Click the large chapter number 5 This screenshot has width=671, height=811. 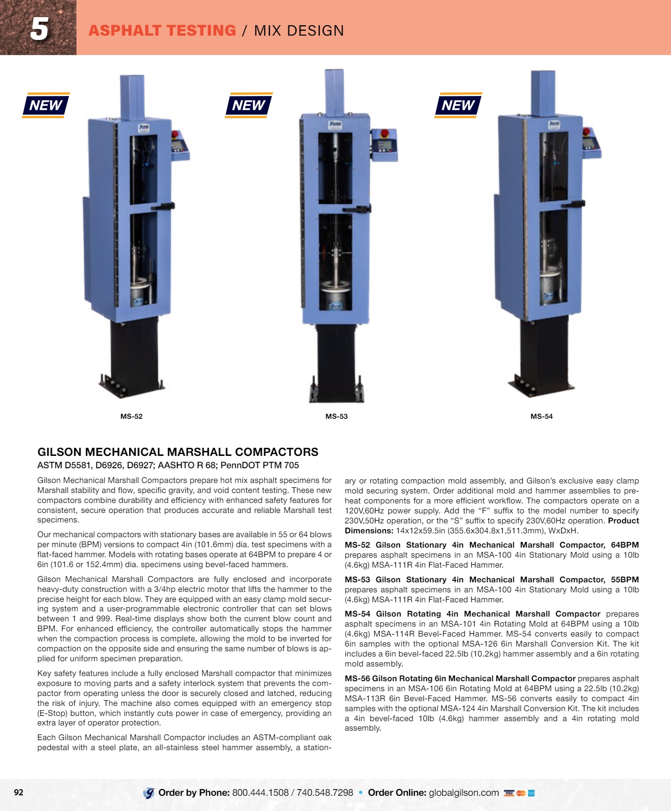pyautogui.click(x=39, y=29)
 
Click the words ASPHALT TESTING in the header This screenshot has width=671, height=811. pyautogui.click(x=162, y=30)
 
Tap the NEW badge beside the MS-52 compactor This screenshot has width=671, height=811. pyautogui.click(x=46, y=105)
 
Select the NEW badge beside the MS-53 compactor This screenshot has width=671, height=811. pyautogui.click(x=249, y=105)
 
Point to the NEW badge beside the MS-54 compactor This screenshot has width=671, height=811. pyautogui.click(x=458, y=105)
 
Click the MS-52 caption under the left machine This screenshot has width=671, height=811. pyautogui.click(x=131, y=416)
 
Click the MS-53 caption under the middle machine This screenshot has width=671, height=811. pyautogui.click(x=336, y=416)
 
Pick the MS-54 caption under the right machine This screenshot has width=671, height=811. pyautogui.click(x=542, y=416)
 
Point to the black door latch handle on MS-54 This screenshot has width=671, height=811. pyautogui.click(x=573, y=204)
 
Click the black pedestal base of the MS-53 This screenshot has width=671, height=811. pyautogui.click(x=336, y=364)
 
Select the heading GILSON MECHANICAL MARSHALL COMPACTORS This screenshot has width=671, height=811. pyautogui.click(x=178, y=452)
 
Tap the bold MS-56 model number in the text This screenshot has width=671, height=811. pyautogui.click(x=357, y=679)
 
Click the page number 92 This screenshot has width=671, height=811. pyautogui.click(x=19, y=792)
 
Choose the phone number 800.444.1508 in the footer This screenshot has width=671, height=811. pyautogui.click(x=260, y=793)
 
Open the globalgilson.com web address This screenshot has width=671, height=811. pyautogui.click(x=464, y=793)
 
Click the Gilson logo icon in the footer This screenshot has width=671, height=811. pyautogui.click(x=149, y=793)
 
